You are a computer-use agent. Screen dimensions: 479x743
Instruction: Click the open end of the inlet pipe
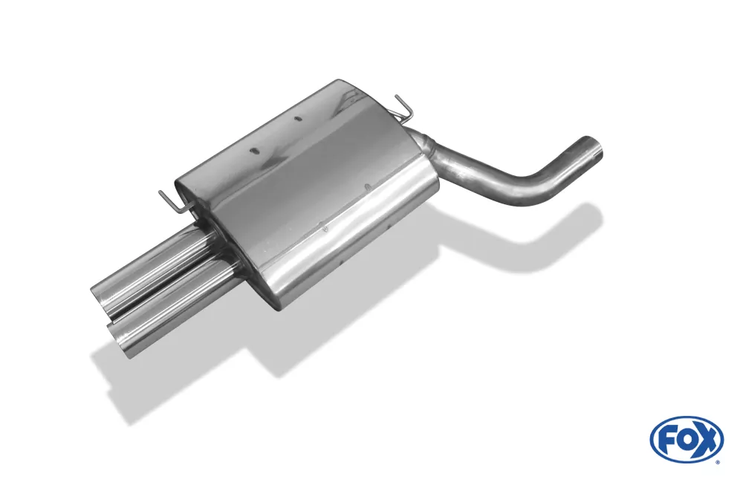pyautogui.click(x=592, y=149)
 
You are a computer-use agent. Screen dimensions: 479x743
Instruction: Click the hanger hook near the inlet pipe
pyautogui.click(x=401, y=109)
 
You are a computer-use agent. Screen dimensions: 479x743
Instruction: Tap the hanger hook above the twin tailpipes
pyautogui.click(x=169, y=200)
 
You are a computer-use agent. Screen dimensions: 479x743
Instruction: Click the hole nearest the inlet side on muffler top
pyautogui.click(x=297, y=119)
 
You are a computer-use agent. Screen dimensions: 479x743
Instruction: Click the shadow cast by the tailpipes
pyautogui.click(x=141, y=371)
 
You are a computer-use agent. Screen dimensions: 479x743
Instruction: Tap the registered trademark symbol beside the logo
pyautogui.click(x=718, y=461)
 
